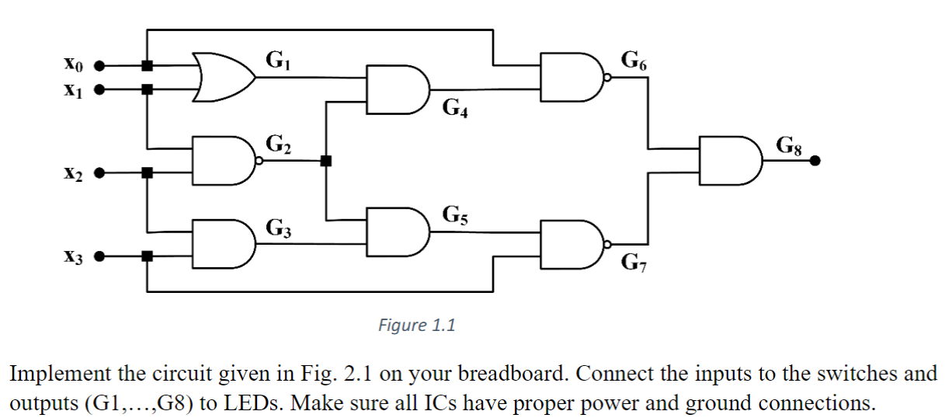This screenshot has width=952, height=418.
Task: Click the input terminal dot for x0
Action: [x=99, y=67]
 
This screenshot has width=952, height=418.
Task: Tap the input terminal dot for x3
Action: [x=99, y=256]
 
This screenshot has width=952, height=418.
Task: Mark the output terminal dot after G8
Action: [x=815, y=161]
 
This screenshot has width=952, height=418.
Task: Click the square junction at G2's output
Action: [x=326, y=161]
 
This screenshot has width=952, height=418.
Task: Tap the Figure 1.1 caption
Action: [x=416, y=326]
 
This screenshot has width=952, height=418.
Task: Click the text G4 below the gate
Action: [x=454, y=109]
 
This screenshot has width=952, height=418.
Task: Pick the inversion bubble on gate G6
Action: [x=608, y=77]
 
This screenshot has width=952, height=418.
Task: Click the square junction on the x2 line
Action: [x=146, y=172]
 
